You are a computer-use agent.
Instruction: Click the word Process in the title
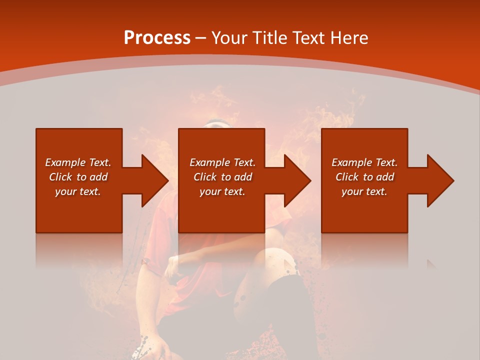tap(157, 38)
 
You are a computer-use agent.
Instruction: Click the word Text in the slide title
tap(309, 38)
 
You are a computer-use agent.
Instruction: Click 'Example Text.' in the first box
tap(78, 162)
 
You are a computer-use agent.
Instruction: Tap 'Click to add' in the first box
tap(78, 177)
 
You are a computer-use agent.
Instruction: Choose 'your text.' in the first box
tap(78, 191)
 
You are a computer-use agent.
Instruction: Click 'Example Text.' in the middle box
tap(222, 162)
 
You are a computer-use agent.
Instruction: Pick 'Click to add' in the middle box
tap(222, 177)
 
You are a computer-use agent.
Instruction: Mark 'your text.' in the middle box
tap(222, 191)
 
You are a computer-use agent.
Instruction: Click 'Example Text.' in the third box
tap(364, 162)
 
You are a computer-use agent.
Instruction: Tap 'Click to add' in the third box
tap(364, 177)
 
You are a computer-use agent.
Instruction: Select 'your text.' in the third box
tap(364, 191)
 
